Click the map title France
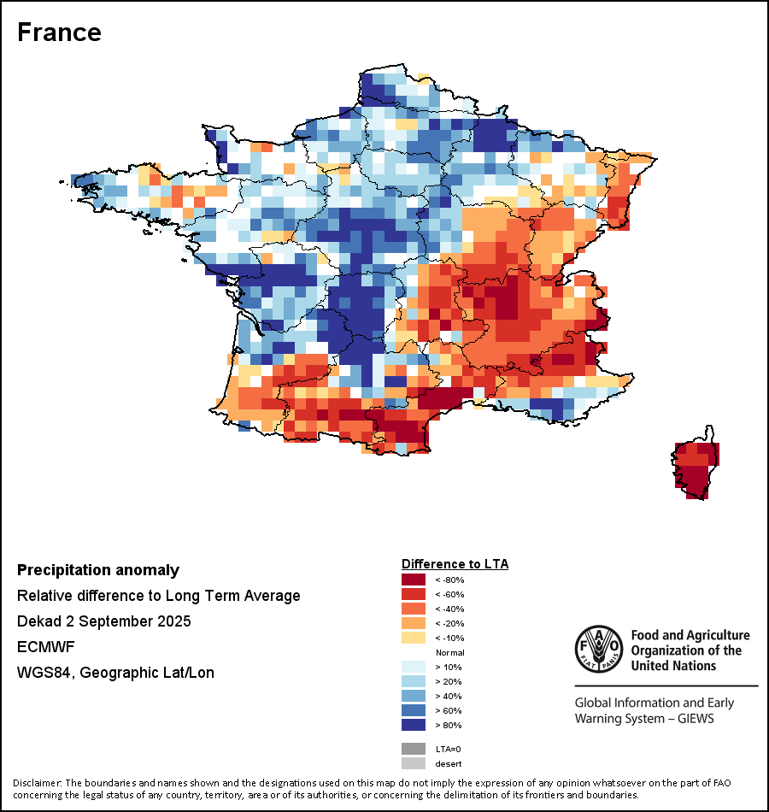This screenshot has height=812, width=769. point(59,32)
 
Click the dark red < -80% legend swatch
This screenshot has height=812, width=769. point(414,580)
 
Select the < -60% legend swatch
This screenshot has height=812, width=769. point(414,594)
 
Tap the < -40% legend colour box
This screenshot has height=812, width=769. point(414,609)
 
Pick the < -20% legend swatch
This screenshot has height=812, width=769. point(414,623)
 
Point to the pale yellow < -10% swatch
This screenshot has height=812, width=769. point(414,638)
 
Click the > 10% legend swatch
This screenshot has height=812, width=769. point(414,667)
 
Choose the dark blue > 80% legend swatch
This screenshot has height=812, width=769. point(414,725)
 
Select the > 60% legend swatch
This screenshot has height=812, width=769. point(414,710)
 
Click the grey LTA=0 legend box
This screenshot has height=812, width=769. point(414,749)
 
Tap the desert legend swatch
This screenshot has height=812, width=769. point(414,763)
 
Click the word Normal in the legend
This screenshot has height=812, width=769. point(449,652)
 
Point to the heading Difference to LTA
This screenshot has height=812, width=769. point(455,564)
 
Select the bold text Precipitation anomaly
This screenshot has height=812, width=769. point(98,570)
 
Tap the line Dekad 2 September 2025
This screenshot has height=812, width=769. point(103,621)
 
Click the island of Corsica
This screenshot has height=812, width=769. point(697,467)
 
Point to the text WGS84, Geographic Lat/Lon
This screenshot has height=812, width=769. point(115,673)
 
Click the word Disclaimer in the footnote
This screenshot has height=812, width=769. point(36,783)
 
